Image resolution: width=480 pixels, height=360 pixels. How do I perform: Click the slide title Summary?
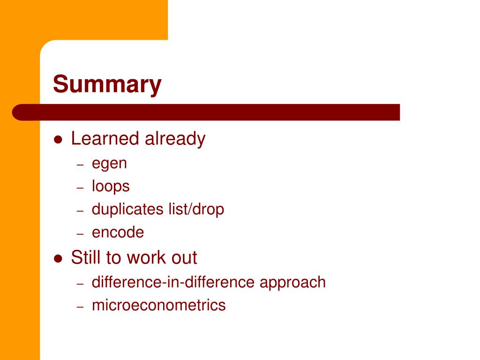(107, 84)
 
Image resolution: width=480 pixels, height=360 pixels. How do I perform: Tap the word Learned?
(105, 138)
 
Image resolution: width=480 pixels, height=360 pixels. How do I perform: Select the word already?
(175, 139)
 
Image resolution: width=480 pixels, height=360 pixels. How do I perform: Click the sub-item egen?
(109, 164)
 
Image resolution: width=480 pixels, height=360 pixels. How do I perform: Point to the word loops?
(111, 187)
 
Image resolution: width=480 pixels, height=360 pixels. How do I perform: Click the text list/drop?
(196, 210)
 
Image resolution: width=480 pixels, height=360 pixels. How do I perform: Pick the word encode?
(118, 232)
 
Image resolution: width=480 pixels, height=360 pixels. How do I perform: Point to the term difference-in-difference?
(173, 282)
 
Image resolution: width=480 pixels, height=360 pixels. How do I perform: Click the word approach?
(292, 283)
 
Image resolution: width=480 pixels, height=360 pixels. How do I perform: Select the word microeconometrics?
(158, 305)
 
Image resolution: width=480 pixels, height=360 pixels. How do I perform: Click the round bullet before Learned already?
(58, 140)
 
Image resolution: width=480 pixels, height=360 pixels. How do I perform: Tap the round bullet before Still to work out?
(58, 259)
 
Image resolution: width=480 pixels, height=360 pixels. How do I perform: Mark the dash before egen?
(80, 165)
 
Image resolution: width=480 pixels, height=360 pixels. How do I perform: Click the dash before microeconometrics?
(80, 307)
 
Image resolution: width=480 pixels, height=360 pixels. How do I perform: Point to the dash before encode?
(80, 234)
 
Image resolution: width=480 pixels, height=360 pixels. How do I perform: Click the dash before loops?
(80, 187)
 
